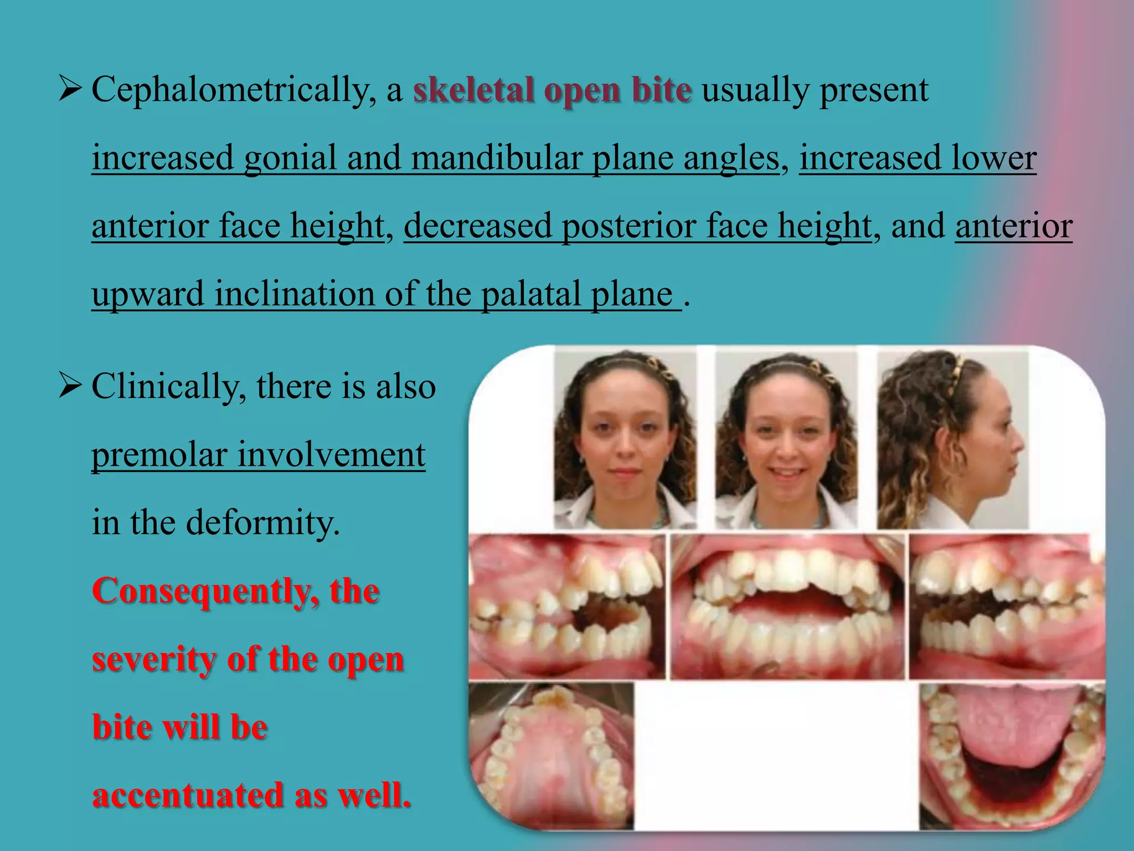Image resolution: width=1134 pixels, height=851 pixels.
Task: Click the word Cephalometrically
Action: (x=230, y=90)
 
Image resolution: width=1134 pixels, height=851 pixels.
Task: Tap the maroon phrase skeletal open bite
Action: (x=552, y=90)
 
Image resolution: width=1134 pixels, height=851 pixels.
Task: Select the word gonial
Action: (x=290, y=158)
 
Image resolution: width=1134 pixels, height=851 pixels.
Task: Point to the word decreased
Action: (x=477, y=226)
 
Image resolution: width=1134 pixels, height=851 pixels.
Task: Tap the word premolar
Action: (x=159, y=455)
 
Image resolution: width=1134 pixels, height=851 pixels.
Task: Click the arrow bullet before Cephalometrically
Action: (x=70, y=89)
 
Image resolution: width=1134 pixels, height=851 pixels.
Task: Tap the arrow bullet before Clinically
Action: (x=70, y=386)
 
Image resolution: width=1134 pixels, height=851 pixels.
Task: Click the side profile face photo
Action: (x=952, y=440)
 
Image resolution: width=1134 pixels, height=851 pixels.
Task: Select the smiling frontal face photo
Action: (x=786, y=440)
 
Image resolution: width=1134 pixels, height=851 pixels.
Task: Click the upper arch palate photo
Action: (x=551, y=756)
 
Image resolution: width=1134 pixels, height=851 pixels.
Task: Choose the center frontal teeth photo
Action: (x=787, y=607)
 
